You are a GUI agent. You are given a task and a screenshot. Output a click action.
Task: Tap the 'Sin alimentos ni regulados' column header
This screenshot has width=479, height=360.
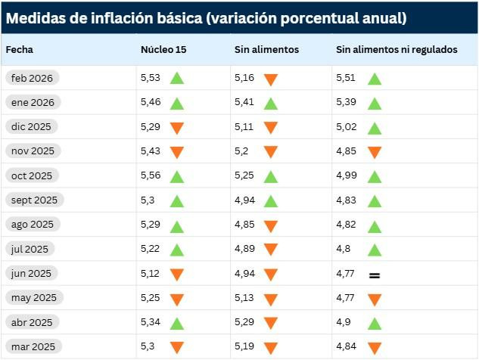(x=397, y=49)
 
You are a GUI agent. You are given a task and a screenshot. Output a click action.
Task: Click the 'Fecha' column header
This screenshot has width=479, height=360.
(x=20, y=49)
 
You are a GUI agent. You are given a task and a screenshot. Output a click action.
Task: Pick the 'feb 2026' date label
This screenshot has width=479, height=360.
(x=32, y=78)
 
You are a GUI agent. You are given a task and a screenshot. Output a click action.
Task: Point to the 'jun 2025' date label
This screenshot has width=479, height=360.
(x=32, y=273)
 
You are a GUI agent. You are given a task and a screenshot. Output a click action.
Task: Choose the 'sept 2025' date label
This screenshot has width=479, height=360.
(x=34, y=200)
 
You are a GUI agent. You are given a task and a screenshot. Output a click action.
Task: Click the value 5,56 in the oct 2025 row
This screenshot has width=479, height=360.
(x=151, y=175)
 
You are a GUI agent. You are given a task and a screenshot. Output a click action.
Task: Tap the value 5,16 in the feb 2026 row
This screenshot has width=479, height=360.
(x=244, y=77)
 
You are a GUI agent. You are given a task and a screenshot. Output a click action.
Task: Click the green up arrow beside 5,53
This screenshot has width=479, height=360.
(x=177, y=79)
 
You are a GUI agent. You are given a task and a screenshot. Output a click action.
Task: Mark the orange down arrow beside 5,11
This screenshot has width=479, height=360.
(x=271, y=128)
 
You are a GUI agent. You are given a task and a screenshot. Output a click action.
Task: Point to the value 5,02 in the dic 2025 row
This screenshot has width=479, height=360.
(x=347, y=126)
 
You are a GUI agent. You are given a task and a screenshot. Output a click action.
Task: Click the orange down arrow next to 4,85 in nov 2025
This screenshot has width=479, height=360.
(x=374, y=152)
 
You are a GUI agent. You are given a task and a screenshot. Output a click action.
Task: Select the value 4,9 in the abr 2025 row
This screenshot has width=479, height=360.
(x=344, y=322)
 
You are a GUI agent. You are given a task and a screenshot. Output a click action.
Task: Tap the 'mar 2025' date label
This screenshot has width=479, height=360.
(x=33, y=346)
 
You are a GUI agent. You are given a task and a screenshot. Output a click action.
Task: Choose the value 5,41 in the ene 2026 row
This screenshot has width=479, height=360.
(x=244, y=102)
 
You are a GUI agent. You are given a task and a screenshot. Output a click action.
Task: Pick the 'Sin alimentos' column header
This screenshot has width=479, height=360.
(x=266, y=49)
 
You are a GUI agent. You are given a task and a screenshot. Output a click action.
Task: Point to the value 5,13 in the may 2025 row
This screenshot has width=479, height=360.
(x=244, y=297)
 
